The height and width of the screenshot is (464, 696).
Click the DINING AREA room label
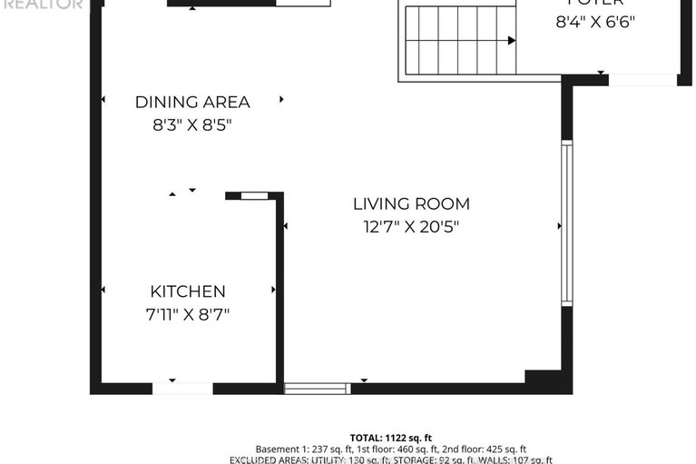tap(192, 103)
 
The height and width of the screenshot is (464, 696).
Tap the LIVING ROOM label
tap(411, 204)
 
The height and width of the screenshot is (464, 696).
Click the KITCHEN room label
tap(187, 291)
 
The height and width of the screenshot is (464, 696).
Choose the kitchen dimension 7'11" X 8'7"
tap(187, 315)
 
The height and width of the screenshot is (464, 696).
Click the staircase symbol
tap(459, 41)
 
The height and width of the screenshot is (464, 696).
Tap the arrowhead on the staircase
tap(512, 41)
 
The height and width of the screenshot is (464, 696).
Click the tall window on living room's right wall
tap(566, 222)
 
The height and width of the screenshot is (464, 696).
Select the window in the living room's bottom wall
tap(317, 389)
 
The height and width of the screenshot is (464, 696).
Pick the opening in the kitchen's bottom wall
tap(182, 389)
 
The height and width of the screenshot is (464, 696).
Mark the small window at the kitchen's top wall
tap(254, 195)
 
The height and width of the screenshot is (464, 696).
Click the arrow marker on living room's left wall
tap(285, 226)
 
